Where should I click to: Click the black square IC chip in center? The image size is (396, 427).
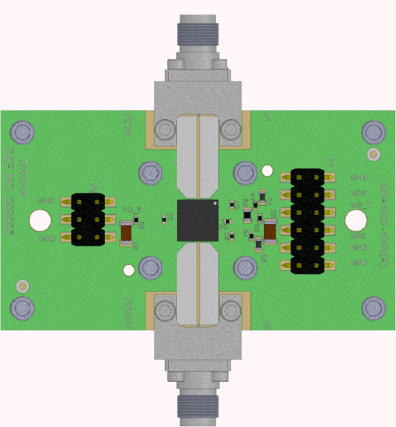[197, 220]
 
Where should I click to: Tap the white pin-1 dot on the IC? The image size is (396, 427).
[215, 202]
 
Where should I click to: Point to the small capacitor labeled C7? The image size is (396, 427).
[164, 219]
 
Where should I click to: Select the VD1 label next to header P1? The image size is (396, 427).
[358, 193]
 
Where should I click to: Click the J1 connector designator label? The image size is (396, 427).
[267, 118]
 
